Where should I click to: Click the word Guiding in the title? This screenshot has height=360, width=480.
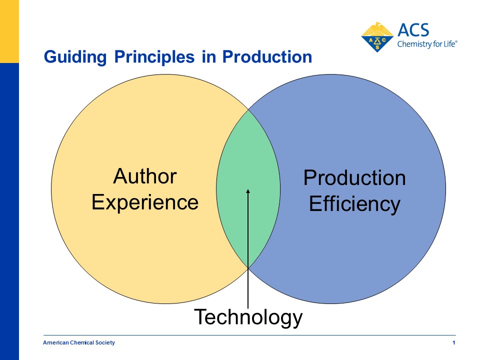point(75,57)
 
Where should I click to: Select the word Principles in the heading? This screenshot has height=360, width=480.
point(154,57)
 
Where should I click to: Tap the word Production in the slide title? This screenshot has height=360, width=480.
point(267,56)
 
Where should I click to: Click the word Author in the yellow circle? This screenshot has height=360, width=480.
point(145,176)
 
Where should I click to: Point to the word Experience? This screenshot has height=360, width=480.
point(145,203)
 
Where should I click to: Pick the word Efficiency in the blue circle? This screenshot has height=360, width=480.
point(354,204)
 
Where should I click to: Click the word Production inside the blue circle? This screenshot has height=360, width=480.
point(354,177)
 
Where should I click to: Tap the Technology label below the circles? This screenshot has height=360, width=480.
point(248,317)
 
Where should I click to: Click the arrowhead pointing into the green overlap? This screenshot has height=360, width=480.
point(248,191)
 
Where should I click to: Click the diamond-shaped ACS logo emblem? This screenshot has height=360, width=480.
point(377,37)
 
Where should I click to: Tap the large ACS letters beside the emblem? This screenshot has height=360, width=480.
point(413,30)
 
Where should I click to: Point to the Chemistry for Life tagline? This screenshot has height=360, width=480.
point(427,44)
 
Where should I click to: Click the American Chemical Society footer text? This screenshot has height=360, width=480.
point(79,342)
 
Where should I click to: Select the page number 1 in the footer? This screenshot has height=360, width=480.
point(454,342)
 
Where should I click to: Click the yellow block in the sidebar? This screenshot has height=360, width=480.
point(9,31)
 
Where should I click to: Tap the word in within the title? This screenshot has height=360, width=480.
point(208,56)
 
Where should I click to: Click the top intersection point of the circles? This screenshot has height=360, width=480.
point(248,109)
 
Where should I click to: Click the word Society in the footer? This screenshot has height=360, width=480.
point(105,342)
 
